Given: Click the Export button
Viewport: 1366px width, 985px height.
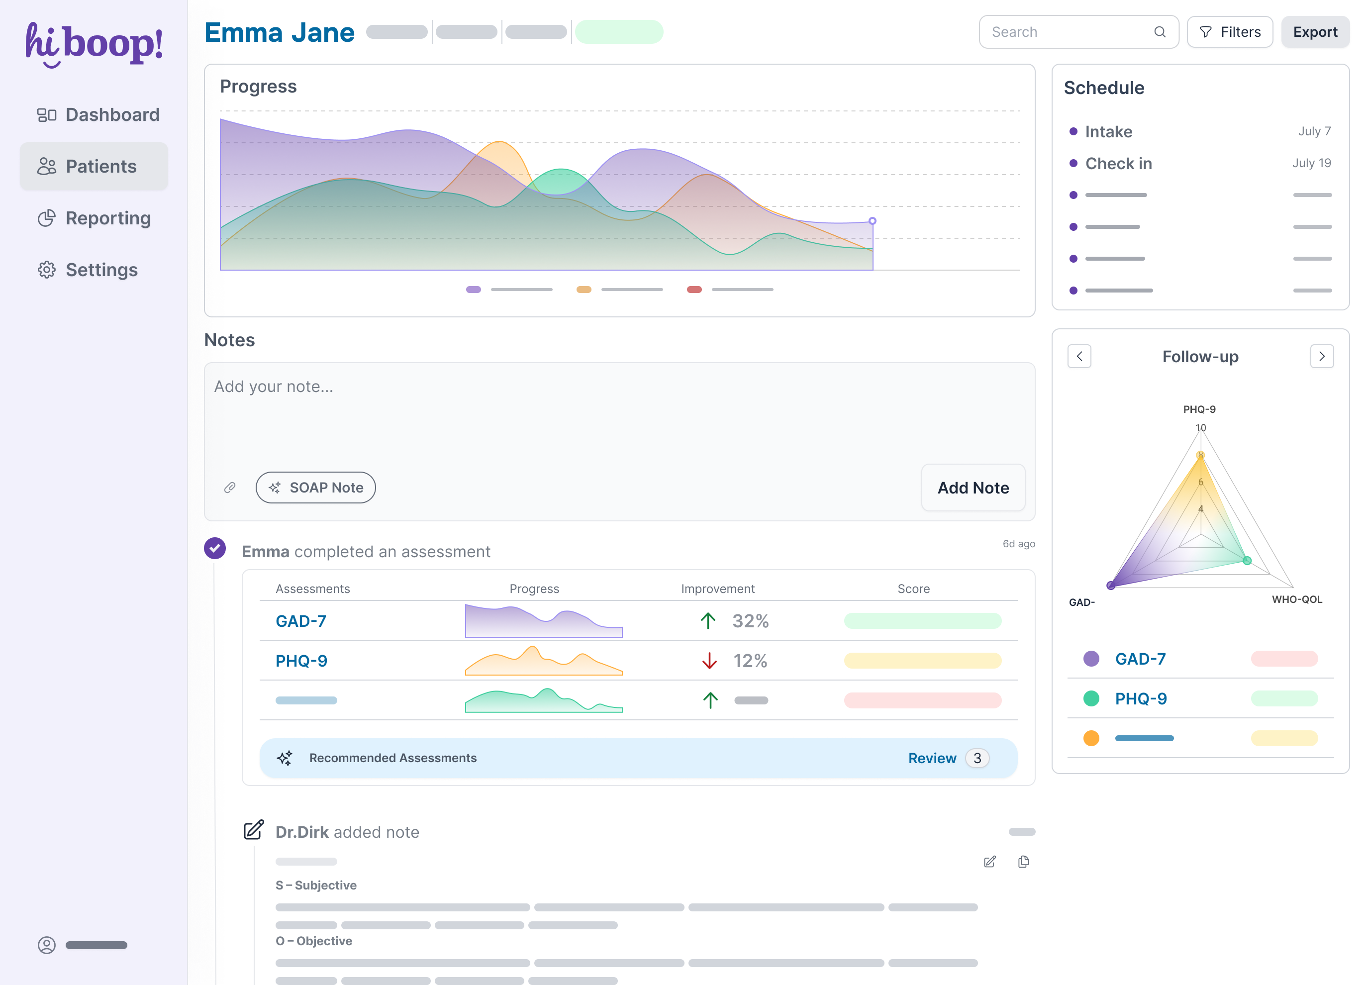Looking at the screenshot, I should point(1314,32).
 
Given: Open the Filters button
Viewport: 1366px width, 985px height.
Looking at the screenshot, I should point(1229,32).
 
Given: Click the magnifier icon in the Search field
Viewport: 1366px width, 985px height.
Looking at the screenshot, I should point(1160,32).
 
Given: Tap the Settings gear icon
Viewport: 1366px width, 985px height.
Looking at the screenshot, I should point(46,270).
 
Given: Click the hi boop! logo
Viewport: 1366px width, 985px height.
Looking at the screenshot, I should point(94,44).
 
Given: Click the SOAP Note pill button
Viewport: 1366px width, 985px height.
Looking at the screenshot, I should point(315,488).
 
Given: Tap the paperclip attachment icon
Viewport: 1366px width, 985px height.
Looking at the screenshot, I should point(229,488).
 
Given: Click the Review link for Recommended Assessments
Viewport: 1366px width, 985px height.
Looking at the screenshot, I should point(932,758).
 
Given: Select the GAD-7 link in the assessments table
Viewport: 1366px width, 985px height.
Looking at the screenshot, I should point(300,621).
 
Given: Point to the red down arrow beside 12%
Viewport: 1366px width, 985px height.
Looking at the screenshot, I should point(709,661).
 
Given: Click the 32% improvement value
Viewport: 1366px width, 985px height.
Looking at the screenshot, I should point(750,621).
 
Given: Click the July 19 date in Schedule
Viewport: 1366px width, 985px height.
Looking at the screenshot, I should point(1311,163).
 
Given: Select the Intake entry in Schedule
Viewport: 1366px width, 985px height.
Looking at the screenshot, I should point(1108,131).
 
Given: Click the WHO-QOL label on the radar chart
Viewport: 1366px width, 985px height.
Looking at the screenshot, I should point(1296,599).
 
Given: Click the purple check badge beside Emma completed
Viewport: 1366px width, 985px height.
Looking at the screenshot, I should point(214,548).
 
